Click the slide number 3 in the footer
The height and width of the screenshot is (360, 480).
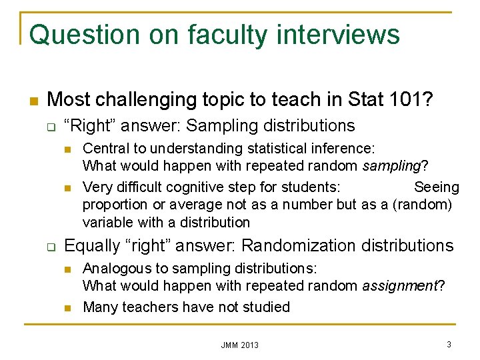(449, 344)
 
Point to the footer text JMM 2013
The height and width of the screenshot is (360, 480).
(240, 345)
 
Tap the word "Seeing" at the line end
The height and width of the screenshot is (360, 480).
(436, 187)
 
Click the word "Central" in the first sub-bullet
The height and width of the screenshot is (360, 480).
(107, 148)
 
